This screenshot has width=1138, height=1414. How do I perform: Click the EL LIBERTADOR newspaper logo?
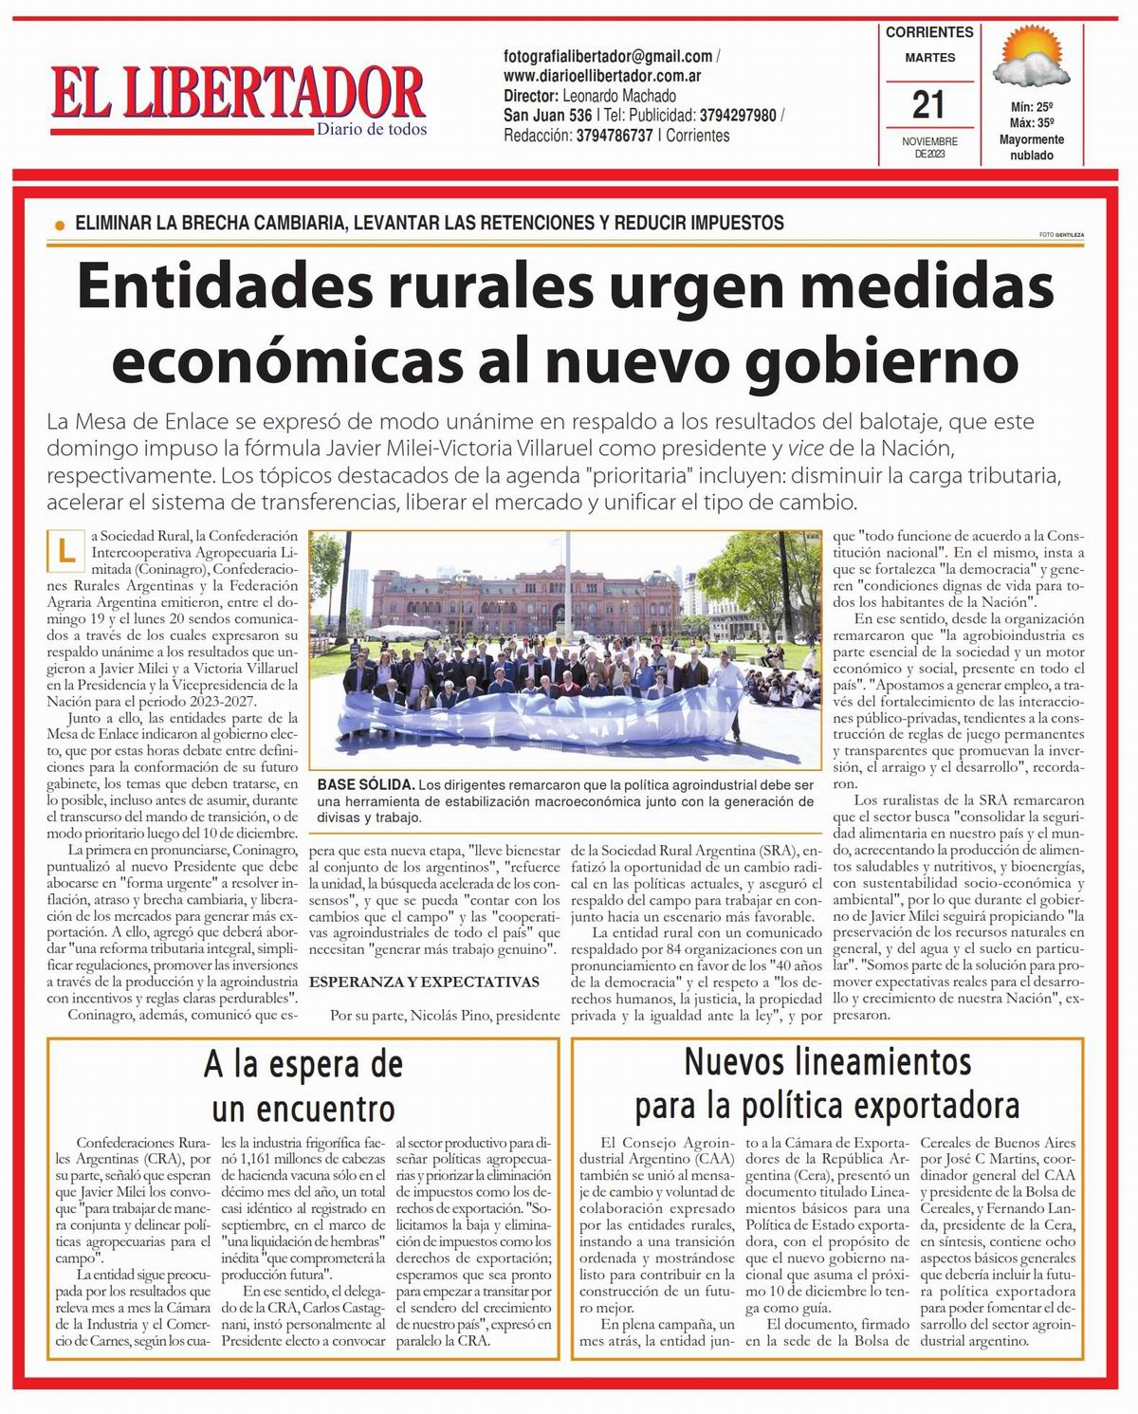pos(237,92)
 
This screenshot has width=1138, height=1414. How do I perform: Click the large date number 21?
pos(929,103)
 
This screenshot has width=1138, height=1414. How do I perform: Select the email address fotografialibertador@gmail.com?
pos(608,57)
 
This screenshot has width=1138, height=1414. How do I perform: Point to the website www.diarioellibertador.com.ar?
pos(602,76)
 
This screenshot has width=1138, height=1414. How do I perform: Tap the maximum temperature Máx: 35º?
pos(1032,123)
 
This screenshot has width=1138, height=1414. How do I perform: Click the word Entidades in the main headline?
pos(231,286)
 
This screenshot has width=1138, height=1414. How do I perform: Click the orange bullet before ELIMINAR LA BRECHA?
pos(60,226)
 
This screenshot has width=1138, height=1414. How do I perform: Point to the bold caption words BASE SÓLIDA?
pos(365,785)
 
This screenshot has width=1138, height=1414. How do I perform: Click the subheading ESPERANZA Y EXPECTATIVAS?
pos(425,982)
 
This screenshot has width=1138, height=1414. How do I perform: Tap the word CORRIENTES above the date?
pos(929,32)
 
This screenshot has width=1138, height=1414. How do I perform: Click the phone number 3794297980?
pos(738,116)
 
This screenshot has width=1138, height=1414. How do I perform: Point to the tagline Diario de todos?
pos(372,129)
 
